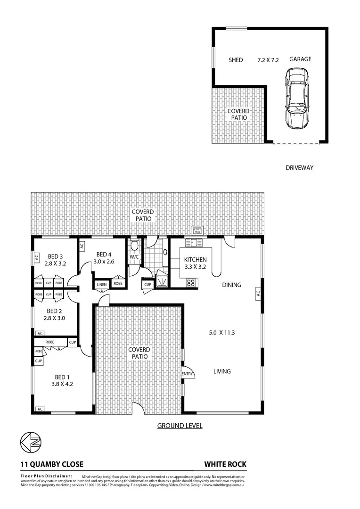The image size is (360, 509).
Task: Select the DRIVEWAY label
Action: pyautogui.click(x=299, y=167)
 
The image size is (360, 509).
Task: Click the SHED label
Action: pyautogui.click(x=236, y=60)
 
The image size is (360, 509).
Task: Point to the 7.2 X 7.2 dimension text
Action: pyautogui.click(x=268, y=60)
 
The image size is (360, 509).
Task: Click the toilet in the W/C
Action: pyautogui.click(x=135, y=246)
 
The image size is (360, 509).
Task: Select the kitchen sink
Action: pyautogui.click(x=193, y=243)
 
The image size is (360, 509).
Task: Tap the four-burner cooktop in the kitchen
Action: pyautogui.click(x=192, y=283)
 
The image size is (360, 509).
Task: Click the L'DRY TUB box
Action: pyautogui.click(x=197, y=230)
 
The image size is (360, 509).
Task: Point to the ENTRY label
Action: pyautogui.click(x=188, y=374)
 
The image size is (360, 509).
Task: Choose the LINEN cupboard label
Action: pyautogui.click(x=102, y=284)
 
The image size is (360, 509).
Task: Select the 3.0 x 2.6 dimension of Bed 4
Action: pyautogui.click(x=103, y=261)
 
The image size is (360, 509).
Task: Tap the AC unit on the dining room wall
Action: pyautogui.click(x=258, y=293)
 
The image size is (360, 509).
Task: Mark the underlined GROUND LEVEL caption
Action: pyautogui.click(x=180, y=426)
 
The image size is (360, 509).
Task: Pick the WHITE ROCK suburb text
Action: pyautogui.click(x=225, y=464)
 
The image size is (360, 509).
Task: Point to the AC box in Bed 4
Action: pyautogui.click(x=82, y=246)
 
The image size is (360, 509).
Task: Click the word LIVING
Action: pyautogui.click(x=222, y=371)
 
